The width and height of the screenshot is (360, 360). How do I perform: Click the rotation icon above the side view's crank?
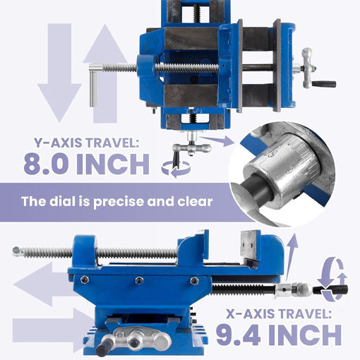coord(332,272)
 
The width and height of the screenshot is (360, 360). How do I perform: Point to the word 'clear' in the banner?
coord(194,201)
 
